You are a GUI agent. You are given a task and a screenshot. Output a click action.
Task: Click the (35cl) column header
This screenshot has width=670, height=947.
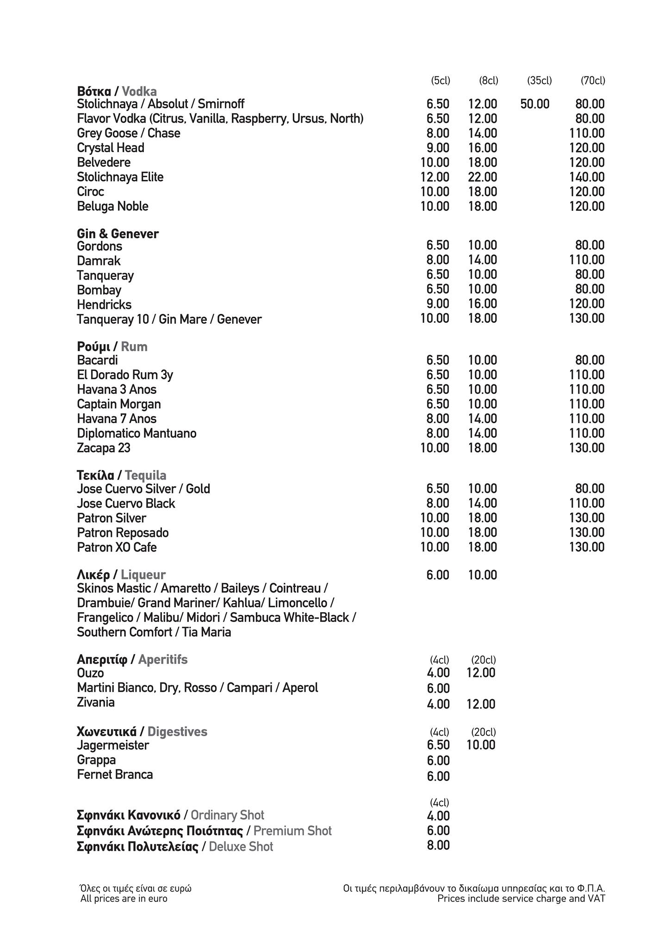(x=539, y=81)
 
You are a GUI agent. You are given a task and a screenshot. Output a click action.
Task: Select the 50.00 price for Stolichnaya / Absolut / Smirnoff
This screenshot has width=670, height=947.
(x=534, y=104)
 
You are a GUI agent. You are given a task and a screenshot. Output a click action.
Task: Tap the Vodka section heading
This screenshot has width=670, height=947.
(x=117, y=91)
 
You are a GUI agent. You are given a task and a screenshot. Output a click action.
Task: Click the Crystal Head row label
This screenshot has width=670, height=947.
(x=111, y=148)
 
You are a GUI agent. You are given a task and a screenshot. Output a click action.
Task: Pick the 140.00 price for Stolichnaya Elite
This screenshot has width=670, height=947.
(x=587, y=177)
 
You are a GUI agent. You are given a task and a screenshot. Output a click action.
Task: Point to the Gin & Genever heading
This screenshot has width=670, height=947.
(x=118, y=234)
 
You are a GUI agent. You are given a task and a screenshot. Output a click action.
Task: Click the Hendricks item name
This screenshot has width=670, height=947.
(x=104, y=305)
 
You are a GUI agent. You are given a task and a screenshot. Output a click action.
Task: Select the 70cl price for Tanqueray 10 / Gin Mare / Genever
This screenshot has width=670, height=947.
(x=587, y=319)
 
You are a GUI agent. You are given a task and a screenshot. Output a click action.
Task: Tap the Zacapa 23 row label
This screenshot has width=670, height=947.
(x=104, y=448)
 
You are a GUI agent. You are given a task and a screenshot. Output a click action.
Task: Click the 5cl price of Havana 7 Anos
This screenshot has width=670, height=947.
(x=438, y=419)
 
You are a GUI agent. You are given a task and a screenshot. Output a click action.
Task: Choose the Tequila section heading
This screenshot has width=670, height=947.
(x=121, y=475)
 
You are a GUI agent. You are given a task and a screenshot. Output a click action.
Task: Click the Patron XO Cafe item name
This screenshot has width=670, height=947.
(x=117, y=547)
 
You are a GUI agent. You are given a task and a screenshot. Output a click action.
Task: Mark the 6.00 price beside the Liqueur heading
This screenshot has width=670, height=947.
(x=438, y=575)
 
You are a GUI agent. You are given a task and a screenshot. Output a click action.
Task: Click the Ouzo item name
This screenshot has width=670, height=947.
(x=90, y=673)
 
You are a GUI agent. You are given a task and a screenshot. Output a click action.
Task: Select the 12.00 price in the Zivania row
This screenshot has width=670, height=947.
(x=481, y=704)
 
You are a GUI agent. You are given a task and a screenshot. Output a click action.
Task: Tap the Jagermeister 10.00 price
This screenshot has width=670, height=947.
(x=481, y=745)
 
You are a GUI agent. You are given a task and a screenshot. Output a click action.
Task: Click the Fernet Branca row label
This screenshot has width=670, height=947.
(x=115, y=775)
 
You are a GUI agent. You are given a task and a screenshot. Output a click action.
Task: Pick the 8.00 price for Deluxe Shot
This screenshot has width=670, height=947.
(x=438, y=845)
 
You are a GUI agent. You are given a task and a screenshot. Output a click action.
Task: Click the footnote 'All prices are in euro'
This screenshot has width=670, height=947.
(x=124, y=898)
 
